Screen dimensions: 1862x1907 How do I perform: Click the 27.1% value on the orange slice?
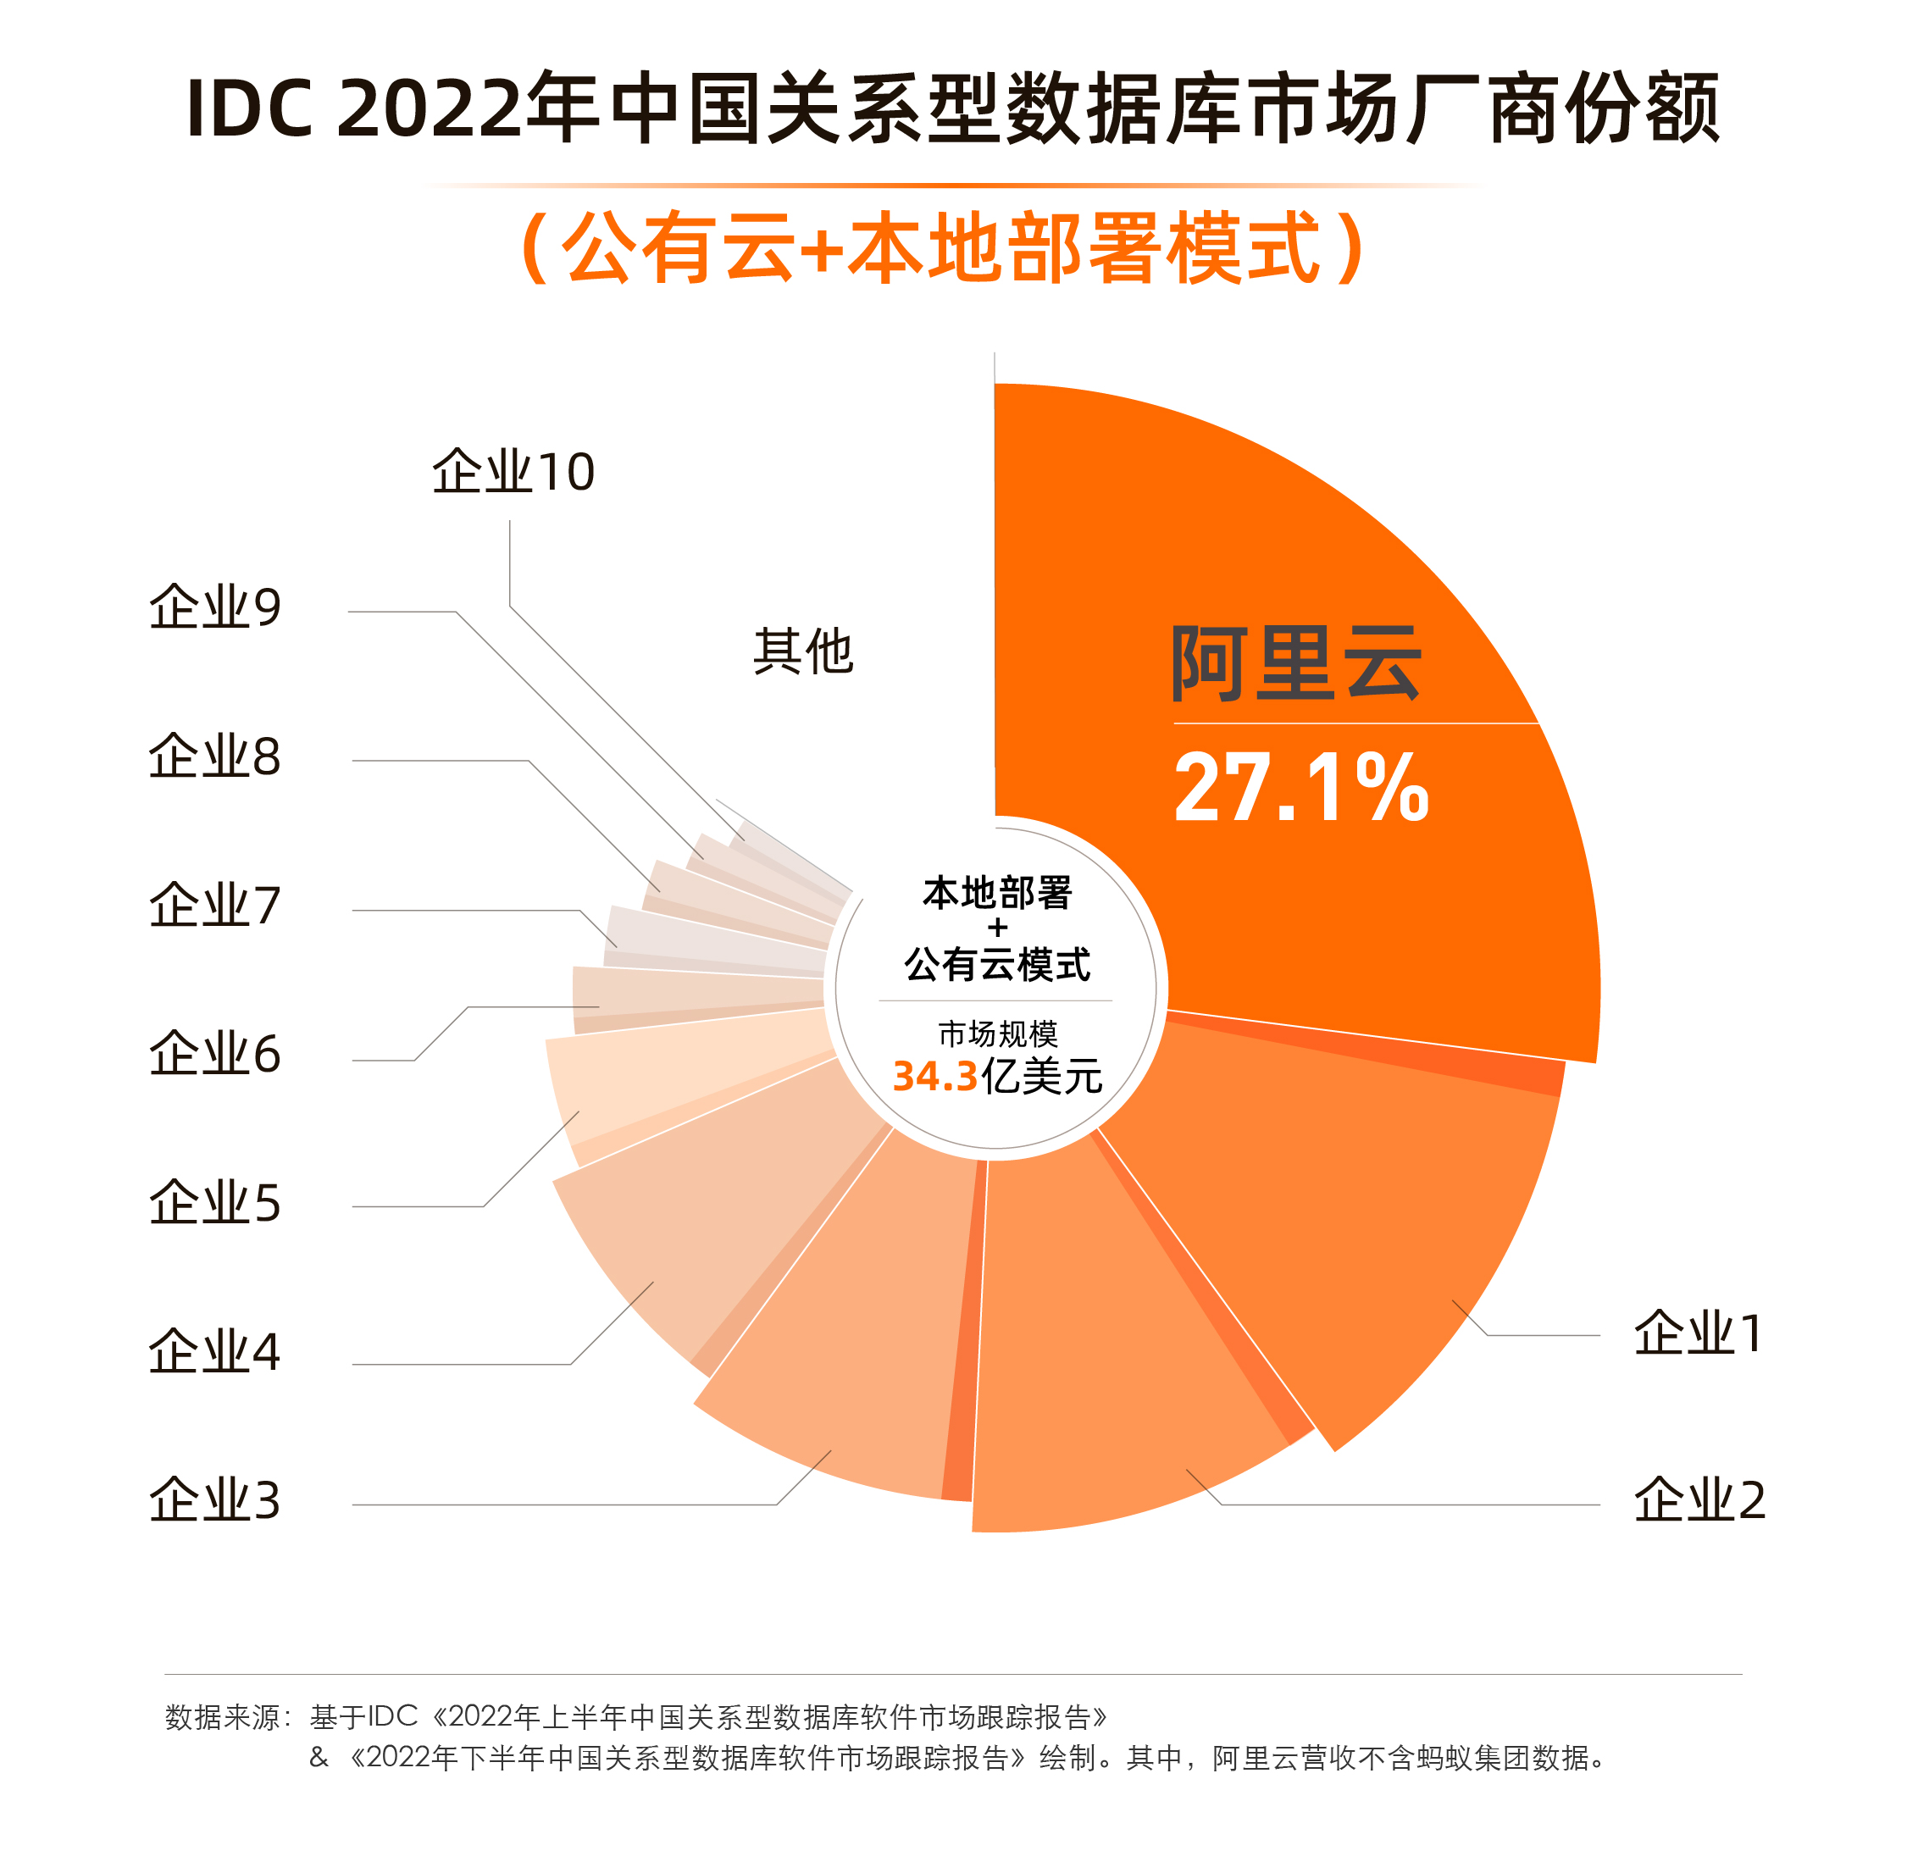click(1300, 788)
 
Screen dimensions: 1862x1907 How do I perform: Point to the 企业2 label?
click(1699, 1500)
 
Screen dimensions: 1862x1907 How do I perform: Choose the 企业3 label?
click(214, 1500)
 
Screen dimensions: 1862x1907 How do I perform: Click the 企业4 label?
click(214, 1351)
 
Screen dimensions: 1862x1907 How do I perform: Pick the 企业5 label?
click(214, 1203)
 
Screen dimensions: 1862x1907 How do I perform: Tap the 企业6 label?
click(214, 1054)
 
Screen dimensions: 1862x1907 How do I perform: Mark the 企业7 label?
click(214, 906)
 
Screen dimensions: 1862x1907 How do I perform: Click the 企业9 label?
click(214, 607)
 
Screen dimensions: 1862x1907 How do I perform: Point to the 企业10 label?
click(513, 473)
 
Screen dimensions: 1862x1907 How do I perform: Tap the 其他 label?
click(803, 651)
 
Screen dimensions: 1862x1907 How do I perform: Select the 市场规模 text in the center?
click(996, 1034)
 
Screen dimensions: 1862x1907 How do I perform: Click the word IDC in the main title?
click(249, 108)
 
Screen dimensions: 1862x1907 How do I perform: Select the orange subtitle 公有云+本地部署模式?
click(945, 248)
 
